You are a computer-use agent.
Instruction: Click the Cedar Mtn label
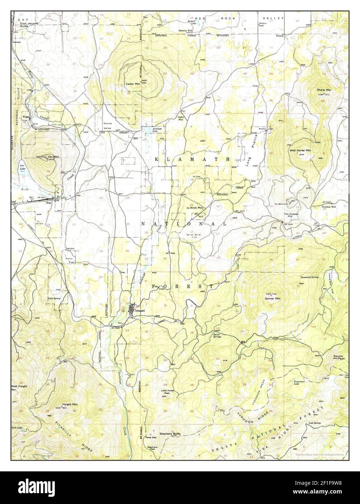(132, 84)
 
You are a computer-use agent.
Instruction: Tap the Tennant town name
(139, 311)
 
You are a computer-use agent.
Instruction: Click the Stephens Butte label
(170, 433)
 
